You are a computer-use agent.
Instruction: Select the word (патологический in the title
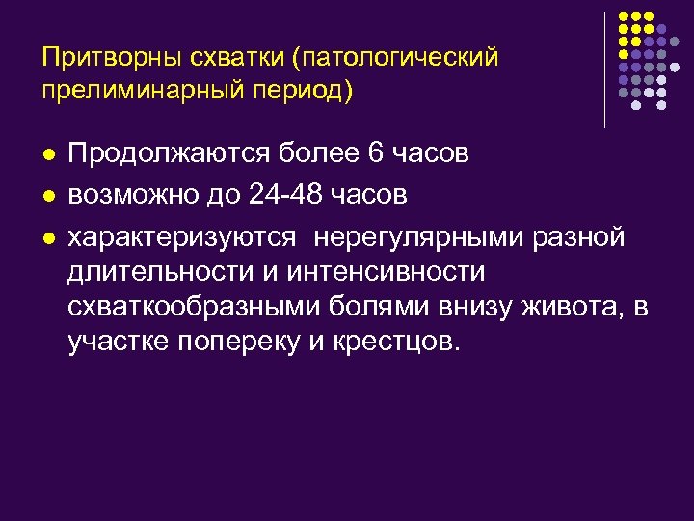(401, 58)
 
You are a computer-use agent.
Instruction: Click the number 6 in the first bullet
(377, 154)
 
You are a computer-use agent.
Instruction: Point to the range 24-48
(287, 196)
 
